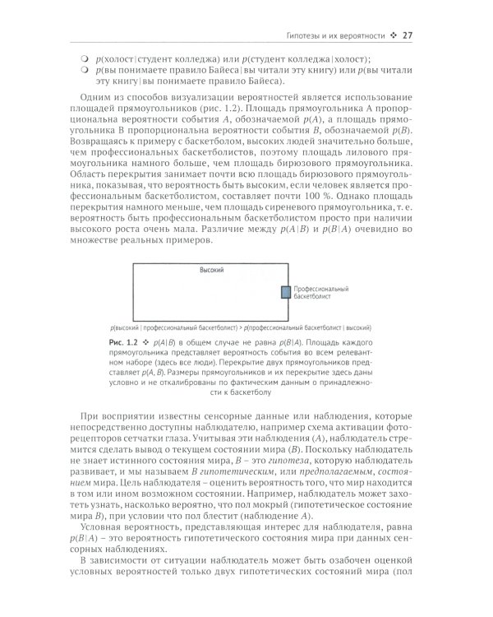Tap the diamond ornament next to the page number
394,35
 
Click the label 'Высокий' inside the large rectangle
212,270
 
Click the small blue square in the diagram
286,292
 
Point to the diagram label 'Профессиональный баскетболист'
320,294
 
